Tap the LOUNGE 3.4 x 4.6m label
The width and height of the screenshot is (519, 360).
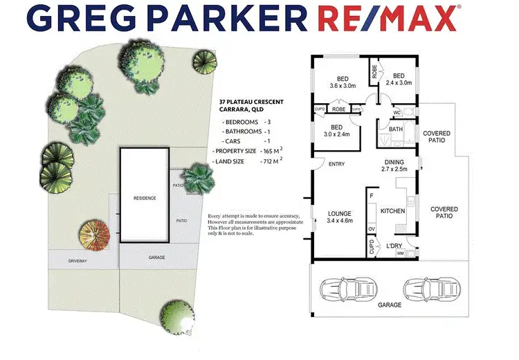pyautogui.click(x=340, y=217)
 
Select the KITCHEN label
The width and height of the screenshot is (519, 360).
pyautogui.click(x=392, y=210)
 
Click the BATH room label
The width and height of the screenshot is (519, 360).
pyautogui.click(x=396, y=129)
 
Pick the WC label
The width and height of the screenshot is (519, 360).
pyautogui.click(x=397, y=112)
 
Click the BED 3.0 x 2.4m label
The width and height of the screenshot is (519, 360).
pyautogui.click(x=336, y=130)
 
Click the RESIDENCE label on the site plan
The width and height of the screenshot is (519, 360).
pyautogui.click(x=145, y=198)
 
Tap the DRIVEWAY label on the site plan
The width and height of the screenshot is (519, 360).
pyautogui.click(x=78, y=261)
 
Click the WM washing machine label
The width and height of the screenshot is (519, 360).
pyautogui.click(x=400, y=254)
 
